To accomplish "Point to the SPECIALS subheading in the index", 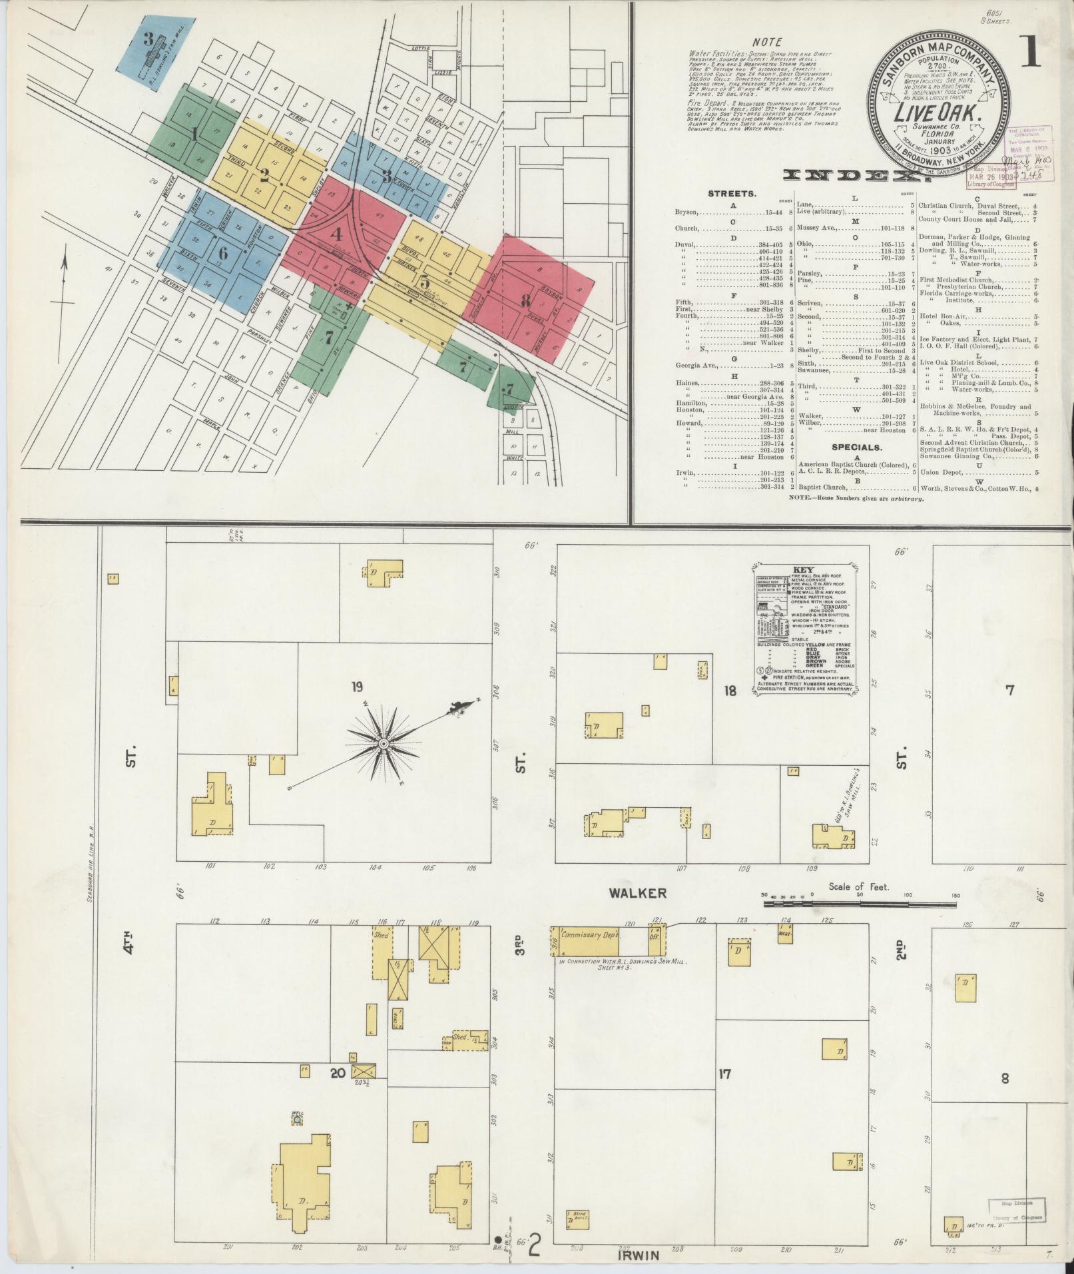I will point(855,448).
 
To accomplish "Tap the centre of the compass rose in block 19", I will point(384,743).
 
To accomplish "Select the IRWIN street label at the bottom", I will point(641,1255).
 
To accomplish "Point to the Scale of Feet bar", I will point(860,902).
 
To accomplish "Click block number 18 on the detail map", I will point(730,691).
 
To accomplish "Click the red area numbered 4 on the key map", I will point(338,234).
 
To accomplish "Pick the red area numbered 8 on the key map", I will point(525,300).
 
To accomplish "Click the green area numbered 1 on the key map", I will point(194,134).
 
